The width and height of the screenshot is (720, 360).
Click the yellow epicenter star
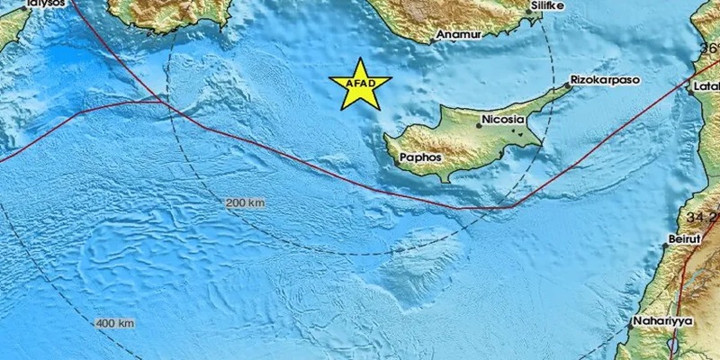360,85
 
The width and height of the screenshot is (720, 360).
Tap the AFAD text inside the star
360,85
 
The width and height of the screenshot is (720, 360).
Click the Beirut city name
680,240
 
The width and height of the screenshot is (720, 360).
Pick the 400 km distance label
115,322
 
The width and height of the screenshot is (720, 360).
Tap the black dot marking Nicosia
480,126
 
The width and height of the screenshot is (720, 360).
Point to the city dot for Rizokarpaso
569,85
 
